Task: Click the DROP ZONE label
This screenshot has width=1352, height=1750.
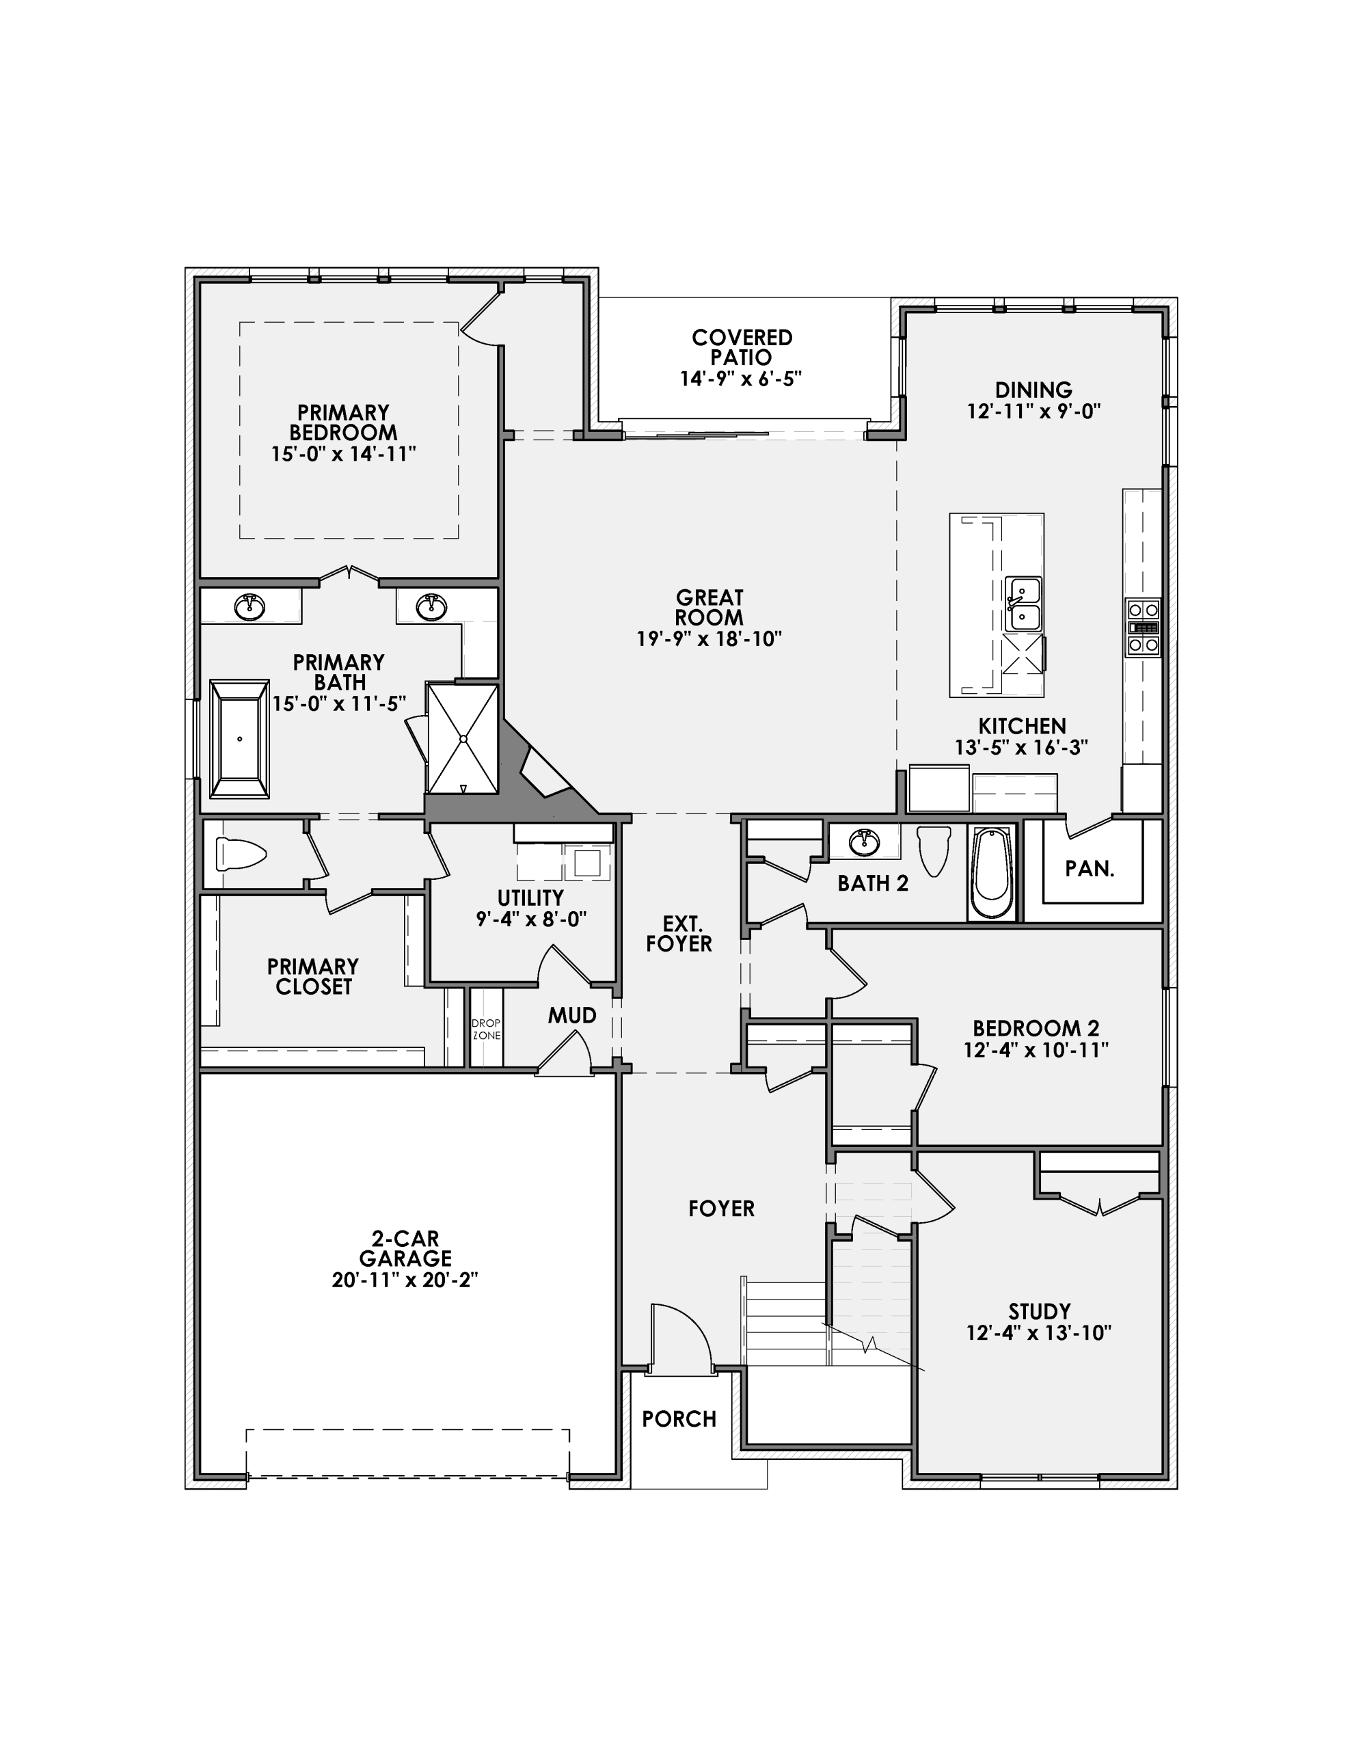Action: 486,1029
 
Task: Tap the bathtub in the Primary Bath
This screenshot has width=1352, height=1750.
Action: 239,739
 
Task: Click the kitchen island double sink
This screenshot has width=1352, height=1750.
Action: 1023,604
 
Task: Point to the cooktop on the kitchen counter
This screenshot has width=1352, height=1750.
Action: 1143,628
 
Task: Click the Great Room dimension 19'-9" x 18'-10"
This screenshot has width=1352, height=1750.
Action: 708,638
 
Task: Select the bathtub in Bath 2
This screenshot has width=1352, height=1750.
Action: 991,872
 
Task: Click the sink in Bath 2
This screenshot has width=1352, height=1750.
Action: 864,842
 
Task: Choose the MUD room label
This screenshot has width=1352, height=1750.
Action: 571,1016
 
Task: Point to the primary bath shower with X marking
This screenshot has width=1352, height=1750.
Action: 463,738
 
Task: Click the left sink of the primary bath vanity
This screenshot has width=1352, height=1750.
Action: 250,606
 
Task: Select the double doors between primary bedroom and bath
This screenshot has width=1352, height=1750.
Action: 349,574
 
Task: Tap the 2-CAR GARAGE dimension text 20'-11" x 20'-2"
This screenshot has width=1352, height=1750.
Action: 405,1280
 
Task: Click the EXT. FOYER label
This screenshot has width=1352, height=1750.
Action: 679,934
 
